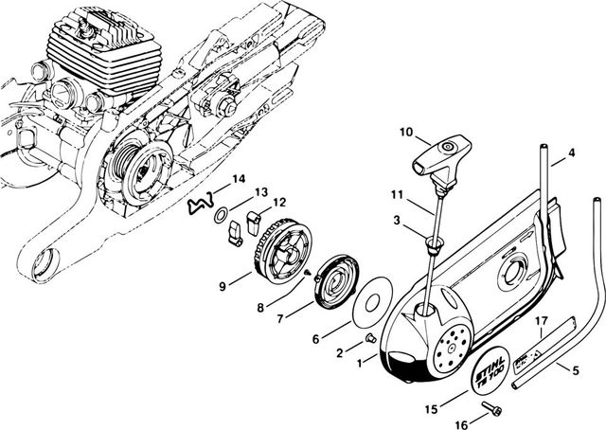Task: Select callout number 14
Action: (x=239, y=179)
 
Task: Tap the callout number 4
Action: (x=571, y=152)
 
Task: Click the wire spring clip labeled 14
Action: (x=200, y=201)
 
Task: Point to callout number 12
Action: (x=279, y=202)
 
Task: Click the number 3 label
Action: (x=397, y=221)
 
